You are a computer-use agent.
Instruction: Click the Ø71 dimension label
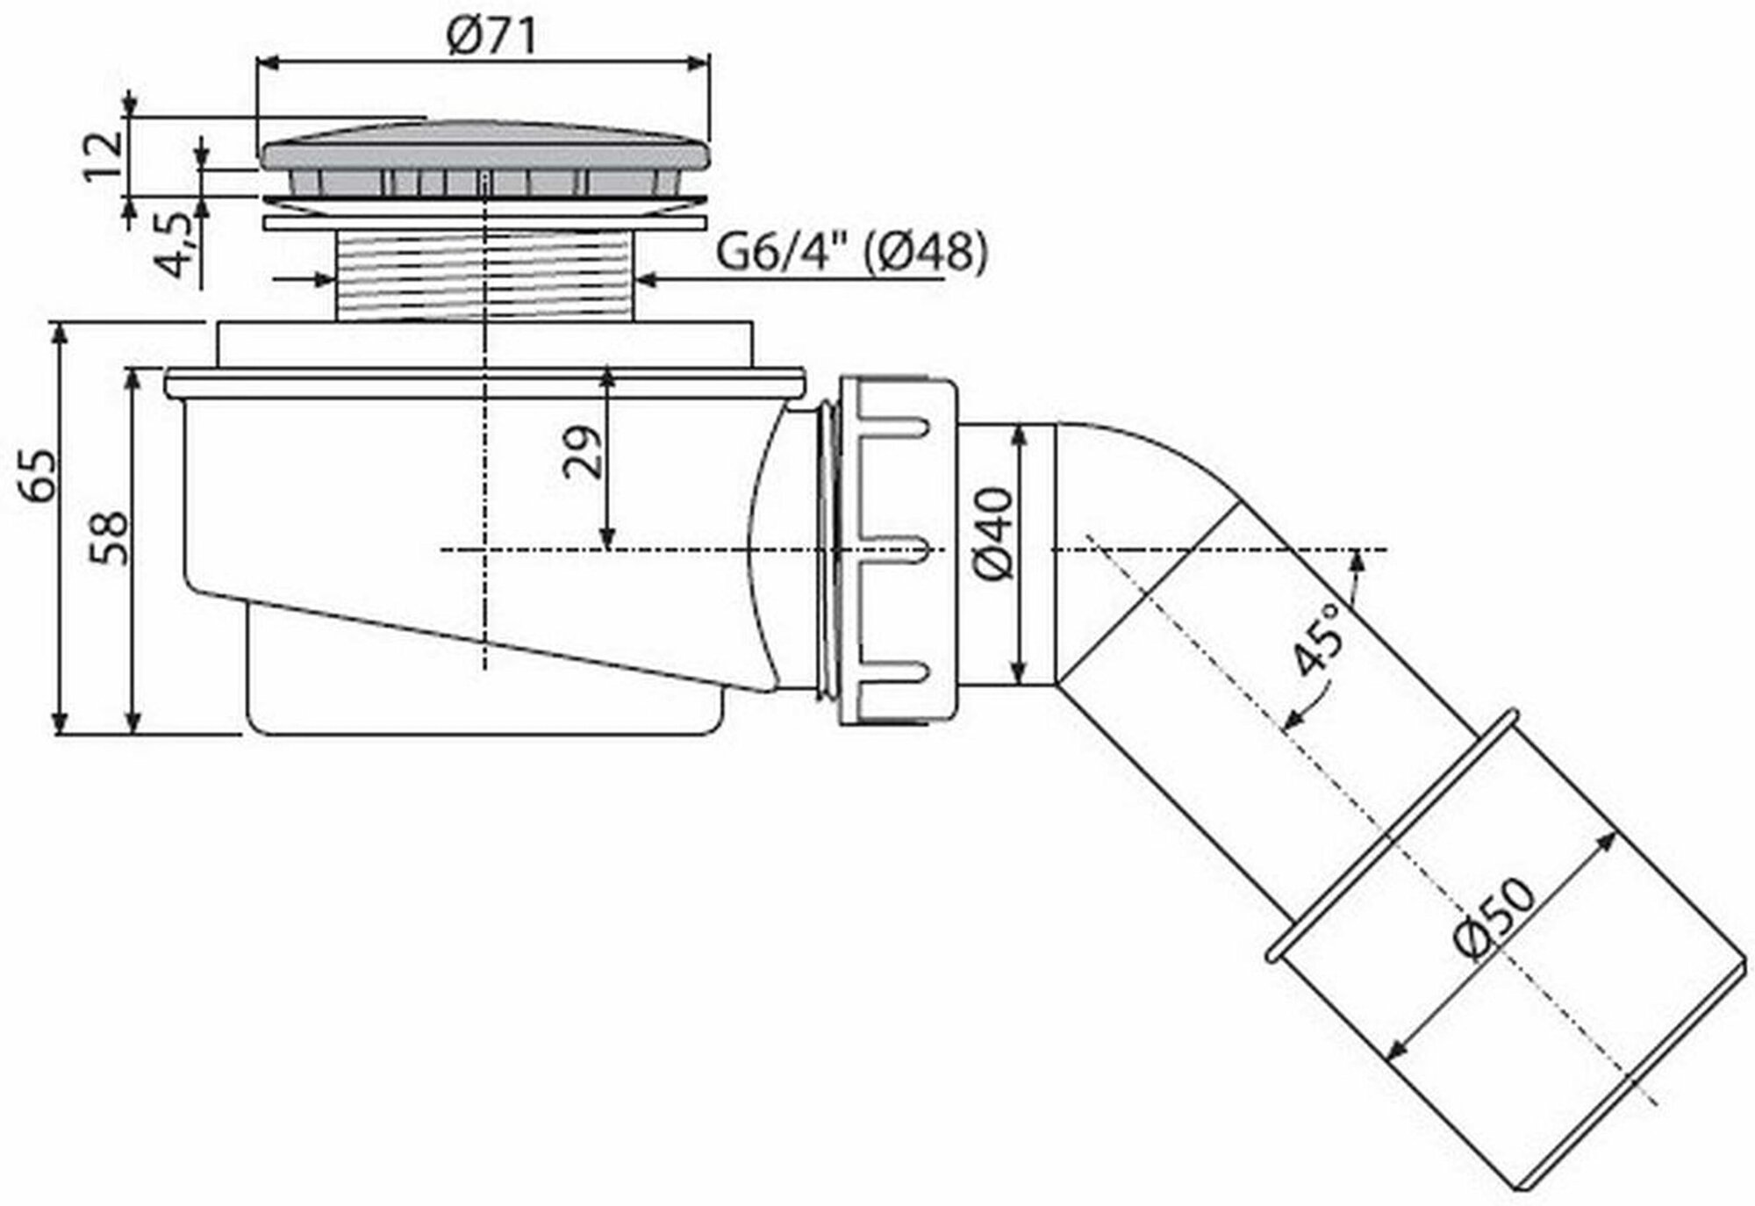click(491, 37)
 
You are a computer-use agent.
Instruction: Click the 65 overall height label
click(39, 475)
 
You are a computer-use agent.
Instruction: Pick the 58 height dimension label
click(110, 538)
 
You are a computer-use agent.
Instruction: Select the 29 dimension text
click(584, 452)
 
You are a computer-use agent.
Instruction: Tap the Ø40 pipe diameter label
click(994, 534)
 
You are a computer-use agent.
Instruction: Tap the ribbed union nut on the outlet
click(895, 551)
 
